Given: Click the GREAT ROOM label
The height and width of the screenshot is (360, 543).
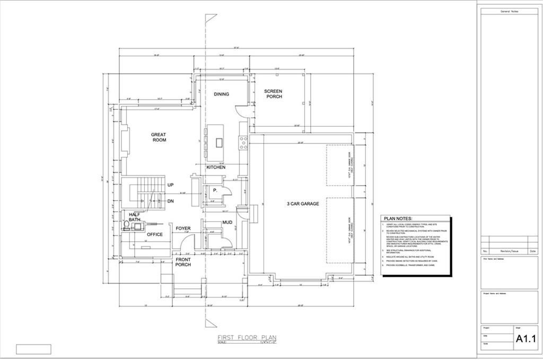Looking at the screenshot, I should pos(159,137).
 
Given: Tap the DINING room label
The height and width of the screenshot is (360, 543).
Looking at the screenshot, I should pos(221,94).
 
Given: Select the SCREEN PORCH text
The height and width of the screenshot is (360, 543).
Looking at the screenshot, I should pos(273,94).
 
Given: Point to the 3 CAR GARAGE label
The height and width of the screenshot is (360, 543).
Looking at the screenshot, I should pos(303,204).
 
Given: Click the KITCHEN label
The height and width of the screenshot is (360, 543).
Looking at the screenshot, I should pos(216,168).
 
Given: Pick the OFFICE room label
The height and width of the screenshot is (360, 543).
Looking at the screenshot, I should pos(154,234).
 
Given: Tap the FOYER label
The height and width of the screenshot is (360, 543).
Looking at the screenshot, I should pos(183,229).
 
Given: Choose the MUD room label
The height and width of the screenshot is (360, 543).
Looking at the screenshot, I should pos(227,222).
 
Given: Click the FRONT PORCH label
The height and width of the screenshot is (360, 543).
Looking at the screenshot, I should pos(183,261).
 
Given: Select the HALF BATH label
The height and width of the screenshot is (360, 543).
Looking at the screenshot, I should pos(134,217).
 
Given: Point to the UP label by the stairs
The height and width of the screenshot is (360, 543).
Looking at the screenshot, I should pos(171,185).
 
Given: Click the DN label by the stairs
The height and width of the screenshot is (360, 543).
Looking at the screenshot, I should pos(171,201).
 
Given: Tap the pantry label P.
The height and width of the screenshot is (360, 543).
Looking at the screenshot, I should pos(215,189).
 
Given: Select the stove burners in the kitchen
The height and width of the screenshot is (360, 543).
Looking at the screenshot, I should pos(243,141).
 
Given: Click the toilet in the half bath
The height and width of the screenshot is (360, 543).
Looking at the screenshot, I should pos(126,226).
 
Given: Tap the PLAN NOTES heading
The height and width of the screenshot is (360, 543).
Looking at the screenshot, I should pos(397,218).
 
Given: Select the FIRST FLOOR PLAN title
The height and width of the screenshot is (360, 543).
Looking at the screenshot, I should pos(247,338).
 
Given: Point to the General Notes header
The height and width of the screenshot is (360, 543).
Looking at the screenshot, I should pos(509,11).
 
